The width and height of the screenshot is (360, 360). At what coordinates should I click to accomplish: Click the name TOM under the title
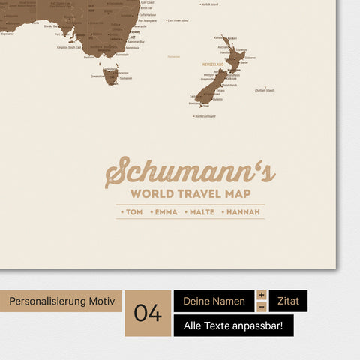tap(133, 212)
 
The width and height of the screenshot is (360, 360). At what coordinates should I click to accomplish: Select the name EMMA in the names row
tap(166, 212)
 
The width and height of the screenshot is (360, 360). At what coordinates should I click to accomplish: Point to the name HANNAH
tap(241, 212)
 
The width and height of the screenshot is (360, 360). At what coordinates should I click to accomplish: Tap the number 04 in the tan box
tap(148, 313)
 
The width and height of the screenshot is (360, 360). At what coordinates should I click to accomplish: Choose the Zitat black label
tap(288, 301)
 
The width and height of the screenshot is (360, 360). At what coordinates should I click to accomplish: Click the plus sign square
tap(262, 295)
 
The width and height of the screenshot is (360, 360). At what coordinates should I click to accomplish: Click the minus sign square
tap(262, 307)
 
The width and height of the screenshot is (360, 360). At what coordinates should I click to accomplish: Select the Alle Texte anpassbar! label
tap(233, 325)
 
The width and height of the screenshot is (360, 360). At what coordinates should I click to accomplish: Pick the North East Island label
tap(205, 116)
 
